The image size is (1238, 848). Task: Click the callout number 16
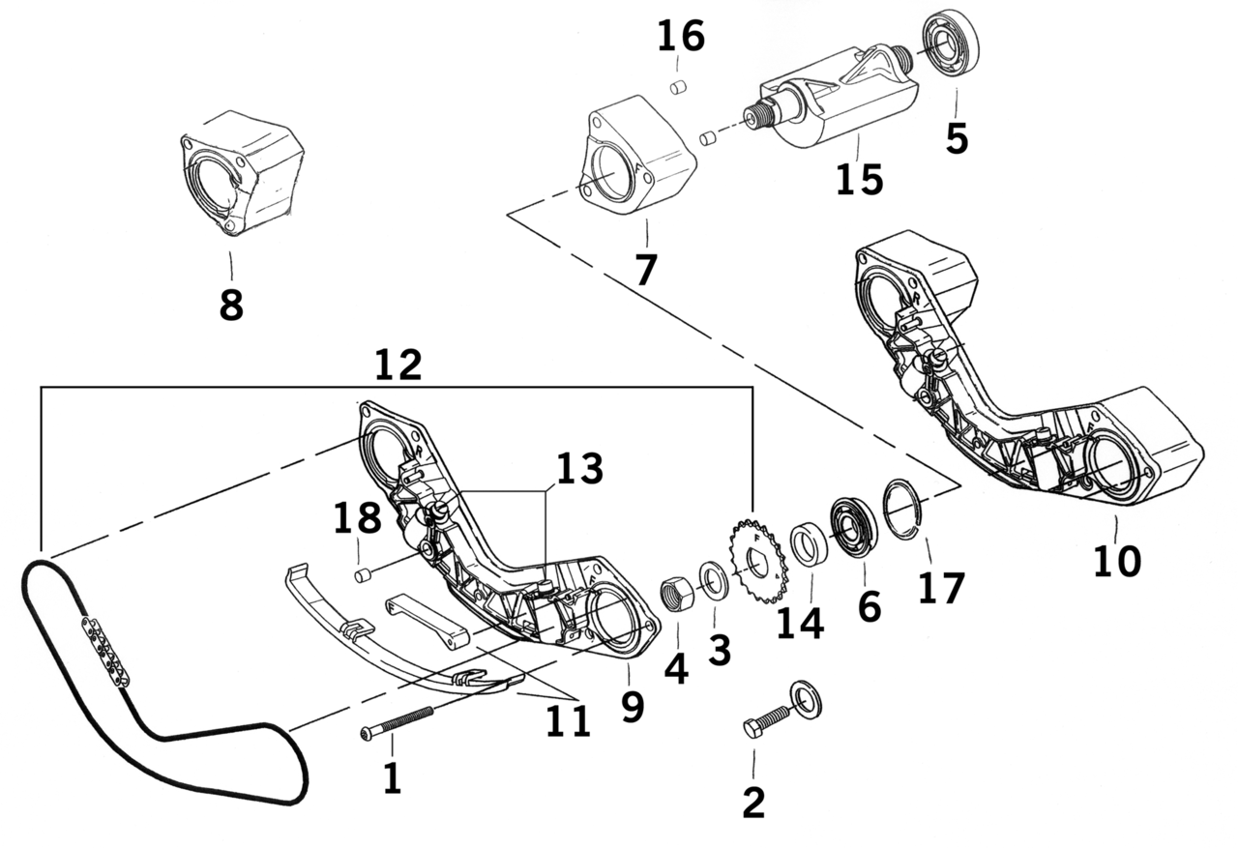[681, 37]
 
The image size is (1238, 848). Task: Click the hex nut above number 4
[674, 591]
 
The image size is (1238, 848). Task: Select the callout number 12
[398, 366]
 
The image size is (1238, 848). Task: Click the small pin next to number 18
[365, 576]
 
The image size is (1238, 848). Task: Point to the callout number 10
[1116, 561]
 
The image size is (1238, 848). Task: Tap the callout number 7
[645, 270]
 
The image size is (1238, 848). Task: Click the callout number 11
[566, 719]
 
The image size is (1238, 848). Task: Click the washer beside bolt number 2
[805, 699]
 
